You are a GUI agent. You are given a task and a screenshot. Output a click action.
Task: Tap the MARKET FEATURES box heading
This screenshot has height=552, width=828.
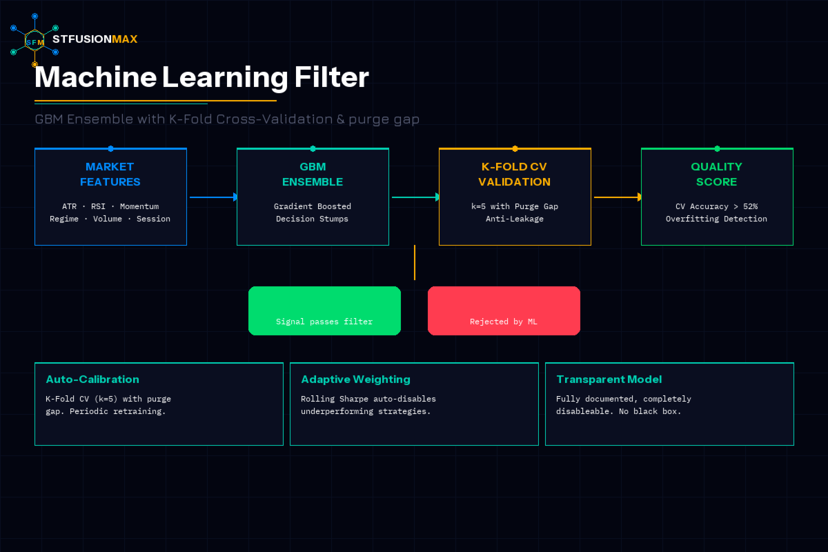click(110, 174)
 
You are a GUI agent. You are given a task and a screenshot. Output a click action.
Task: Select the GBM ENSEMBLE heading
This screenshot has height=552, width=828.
click(313, 174)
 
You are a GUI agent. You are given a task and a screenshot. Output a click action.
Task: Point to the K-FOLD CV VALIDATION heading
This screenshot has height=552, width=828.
click(515, 174)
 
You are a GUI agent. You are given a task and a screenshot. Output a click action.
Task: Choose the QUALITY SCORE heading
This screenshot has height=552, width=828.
click(717, 174)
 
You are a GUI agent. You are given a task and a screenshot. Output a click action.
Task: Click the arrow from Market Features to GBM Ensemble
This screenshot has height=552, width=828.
click(213, 197)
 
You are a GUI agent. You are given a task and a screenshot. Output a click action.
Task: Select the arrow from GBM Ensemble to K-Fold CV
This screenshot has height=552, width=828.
click(415, 197)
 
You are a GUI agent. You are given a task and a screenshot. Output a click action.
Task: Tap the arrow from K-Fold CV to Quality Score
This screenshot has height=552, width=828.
click(617, 197)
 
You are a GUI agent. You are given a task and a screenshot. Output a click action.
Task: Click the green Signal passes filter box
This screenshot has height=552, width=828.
click(324, 310)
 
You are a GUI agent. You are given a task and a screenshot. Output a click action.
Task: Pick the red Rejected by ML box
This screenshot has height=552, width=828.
click(504, 310)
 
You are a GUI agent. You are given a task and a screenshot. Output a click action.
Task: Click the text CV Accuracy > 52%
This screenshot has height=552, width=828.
click(716, 206)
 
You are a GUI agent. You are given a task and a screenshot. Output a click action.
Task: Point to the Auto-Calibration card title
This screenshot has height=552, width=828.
click(92, 379)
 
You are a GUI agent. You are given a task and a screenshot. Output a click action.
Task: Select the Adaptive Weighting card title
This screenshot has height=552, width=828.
click(355, 379)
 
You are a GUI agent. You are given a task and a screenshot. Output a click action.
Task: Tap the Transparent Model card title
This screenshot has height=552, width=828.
click(609, 379)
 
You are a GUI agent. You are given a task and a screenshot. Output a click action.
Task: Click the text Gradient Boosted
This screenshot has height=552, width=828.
click(313, 206)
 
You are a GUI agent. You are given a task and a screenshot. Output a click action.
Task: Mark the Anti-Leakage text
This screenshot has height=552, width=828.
click(515, 219)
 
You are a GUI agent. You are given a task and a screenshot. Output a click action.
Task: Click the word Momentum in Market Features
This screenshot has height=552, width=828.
click(139, 206)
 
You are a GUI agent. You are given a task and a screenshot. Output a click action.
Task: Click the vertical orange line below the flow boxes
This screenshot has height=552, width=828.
click(415, 262)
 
